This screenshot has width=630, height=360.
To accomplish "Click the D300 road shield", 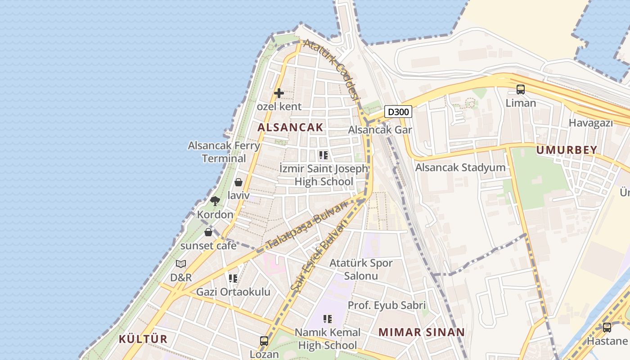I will click(398, 112).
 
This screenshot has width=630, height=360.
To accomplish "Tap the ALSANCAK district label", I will click(290, 127).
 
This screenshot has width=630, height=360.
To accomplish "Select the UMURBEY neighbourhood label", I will click(567, 150).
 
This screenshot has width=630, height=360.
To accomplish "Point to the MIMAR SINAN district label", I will click(421, 333).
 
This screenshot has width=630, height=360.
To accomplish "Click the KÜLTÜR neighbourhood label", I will click(143, 339).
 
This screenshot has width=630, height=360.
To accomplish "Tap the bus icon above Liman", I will click(521, 90).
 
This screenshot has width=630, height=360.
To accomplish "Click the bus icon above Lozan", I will click(264, 341).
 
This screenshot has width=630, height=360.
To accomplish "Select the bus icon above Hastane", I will click(607, 328).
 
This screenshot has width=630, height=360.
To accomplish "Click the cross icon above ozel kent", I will click(279, 93).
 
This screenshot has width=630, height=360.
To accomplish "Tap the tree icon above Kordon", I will click(215, 201).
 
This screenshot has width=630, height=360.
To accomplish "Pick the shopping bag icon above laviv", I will click(238, 182).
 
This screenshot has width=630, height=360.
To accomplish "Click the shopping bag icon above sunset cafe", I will click(208, 232).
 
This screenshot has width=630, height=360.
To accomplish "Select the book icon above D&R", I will click(181, 264).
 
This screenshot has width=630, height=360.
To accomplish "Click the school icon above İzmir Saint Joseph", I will click(323, 156).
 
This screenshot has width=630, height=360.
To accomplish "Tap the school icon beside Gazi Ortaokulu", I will click(233, 279).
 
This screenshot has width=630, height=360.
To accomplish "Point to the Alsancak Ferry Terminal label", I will click(224, 152).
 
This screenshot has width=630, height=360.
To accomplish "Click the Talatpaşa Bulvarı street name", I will click(308, 224).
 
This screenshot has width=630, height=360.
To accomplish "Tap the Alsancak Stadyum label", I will click(460, 168).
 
